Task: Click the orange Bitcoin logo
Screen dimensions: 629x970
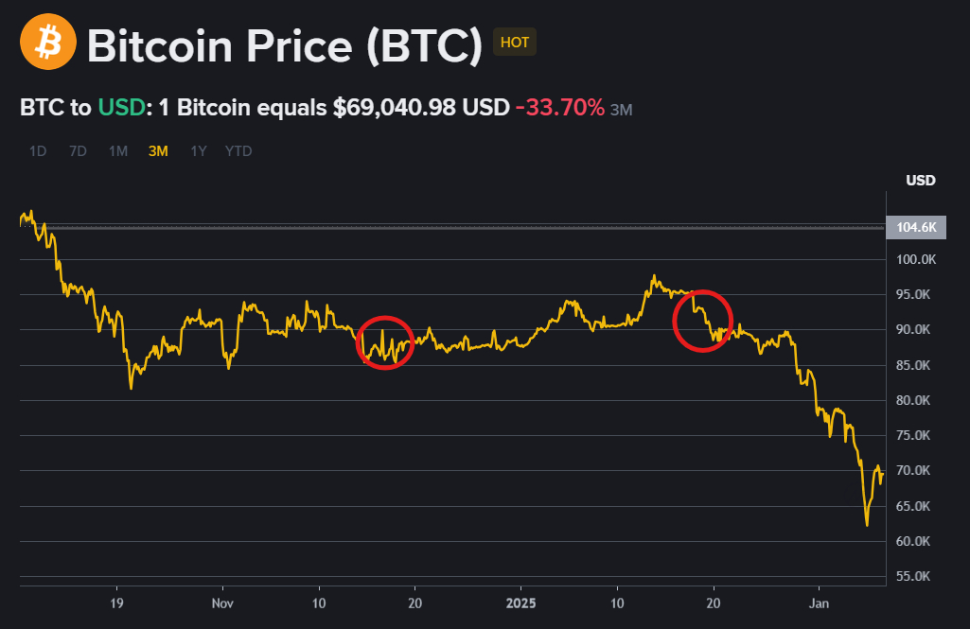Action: point(47,43)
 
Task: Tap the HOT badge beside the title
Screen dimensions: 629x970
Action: point(515,43)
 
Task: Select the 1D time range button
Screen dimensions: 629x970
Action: point(38,150)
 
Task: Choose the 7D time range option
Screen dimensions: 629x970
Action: point(78,150)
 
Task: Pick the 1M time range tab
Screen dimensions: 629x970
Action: point(117,150)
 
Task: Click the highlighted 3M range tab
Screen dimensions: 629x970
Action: point(158,150)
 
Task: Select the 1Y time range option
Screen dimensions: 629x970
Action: point(199,150)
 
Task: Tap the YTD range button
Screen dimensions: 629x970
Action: point(238,150)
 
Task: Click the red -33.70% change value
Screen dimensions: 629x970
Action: point(560,108)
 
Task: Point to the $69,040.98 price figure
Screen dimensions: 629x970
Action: point(394,108)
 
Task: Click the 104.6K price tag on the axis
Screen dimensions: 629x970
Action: point(915,227)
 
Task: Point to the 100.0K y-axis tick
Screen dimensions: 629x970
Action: point(915,259)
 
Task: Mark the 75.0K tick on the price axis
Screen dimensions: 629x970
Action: point(917,435)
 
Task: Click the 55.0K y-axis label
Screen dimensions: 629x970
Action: point(917,576)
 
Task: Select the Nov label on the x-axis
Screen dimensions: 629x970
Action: point(221,603)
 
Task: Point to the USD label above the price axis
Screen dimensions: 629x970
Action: point(920,181)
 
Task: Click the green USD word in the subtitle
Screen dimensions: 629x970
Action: point(122,108)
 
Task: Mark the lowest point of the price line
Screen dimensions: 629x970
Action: point(867,525)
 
